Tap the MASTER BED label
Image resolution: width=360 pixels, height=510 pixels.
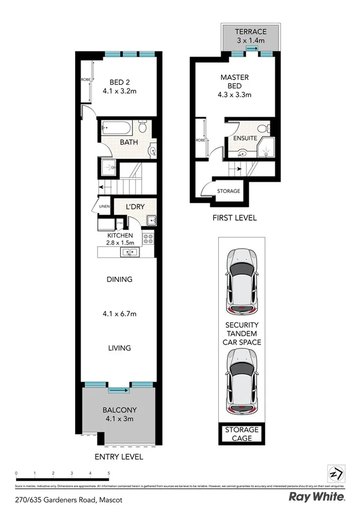point(234,85)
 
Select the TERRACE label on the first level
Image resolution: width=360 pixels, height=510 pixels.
point(250,35)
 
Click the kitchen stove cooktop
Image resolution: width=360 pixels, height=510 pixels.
point(148,239)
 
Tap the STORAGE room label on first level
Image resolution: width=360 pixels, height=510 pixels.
point(229,191)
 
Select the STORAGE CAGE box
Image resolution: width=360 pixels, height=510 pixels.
point(242,434)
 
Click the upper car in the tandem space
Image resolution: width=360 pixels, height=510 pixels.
point(242,280)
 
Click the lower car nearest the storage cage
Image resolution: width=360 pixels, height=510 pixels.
point(242,382)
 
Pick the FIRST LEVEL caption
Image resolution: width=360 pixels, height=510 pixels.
point(234,218)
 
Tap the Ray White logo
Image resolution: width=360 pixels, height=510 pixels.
point(317,497)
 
